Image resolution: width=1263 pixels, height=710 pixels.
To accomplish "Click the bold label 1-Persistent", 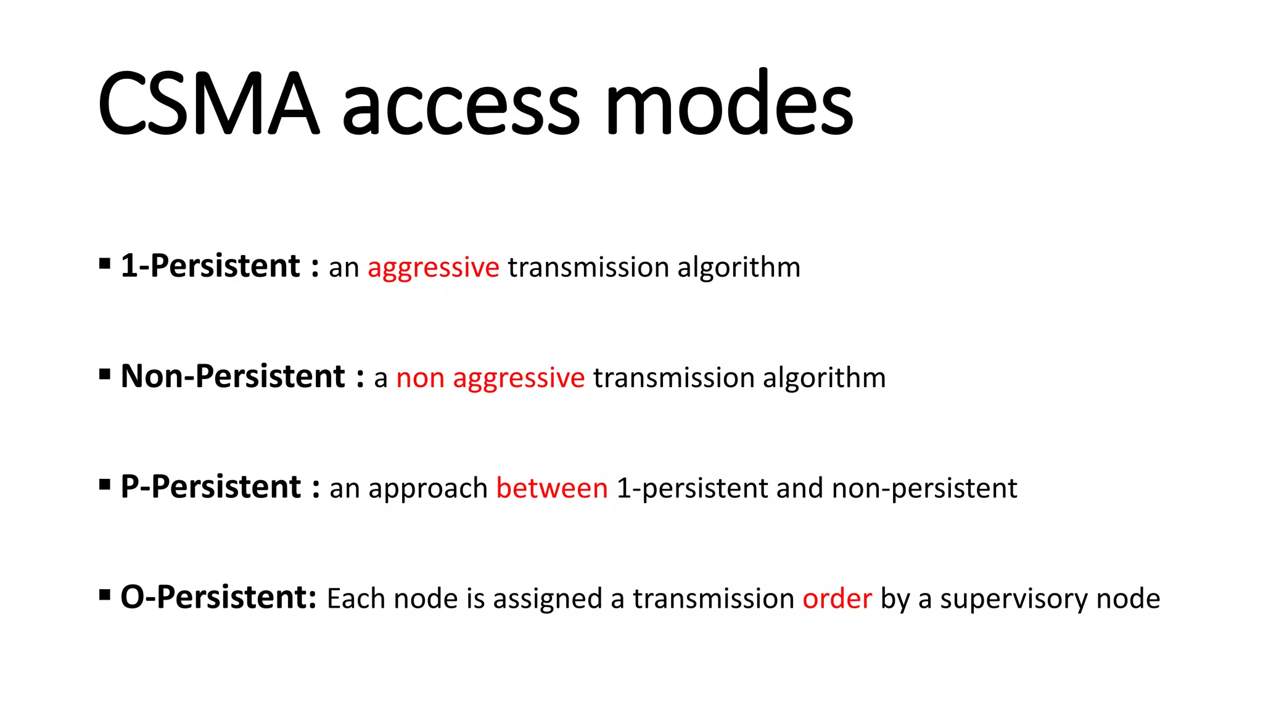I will (x=210, y=266).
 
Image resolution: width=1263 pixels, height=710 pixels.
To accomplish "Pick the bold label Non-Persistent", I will (x=232, y=377).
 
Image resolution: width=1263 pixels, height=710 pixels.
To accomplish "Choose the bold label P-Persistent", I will (x=210, y=487).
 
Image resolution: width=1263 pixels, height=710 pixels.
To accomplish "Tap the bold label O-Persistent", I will (x=218, y=597).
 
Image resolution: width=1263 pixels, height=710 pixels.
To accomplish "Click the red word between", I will (x=552, y=488).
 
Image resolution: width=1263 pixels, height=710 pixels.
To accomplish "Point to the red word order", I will (x=837, y=598).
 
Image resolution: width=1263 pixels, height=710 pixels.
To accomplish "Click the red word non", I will (x=420, y=378).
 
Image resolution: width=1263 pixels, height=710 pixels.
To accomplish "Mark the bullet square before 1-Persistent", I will (x=105, y=264).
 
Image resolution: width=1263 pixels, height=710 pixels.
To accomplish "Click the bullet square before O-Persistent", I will (x=105, y=595).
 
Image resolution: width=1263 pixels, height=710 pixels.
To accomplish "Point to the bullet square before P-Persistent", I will (x=105, y=485).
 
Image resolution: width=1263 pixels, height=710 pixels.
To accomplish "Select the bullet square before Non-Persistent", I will (x=105, y=375).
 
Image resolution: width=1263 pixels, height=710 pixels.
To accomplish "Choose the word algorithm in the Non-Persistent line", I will (x=824, y=378).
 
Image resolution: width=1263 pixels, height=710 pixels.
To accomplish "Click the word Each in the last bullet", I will (x=356, y=598).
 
